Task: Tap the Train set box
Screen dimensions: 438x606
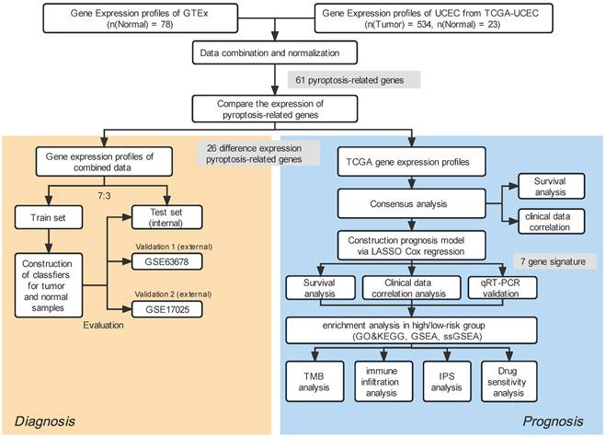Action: tap(48, 219)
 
